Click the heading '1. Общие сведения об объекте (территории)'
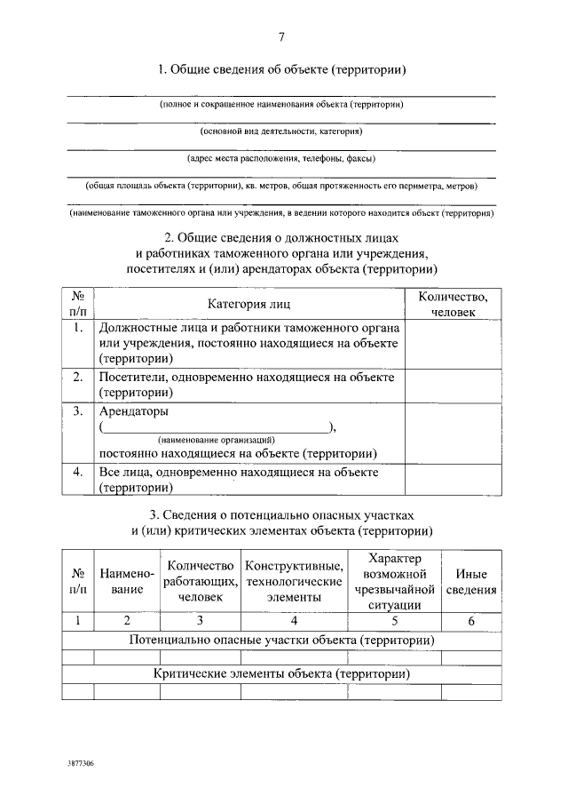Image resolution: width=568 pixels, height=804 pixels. point(282,69)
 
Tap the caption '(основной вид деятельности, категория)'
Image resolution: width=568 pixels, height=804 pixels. point(281,131)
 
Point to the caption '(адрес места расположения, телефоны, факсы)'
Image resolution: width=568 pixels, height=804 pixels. point(281,159)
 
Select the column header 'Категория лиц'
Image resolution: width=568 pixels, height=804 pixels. point(248,304)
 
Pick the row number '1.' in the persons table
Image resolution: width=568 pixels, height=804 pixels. point(78,328)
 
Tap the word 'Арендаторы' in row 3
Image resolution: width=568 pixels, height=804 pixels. point(132,411)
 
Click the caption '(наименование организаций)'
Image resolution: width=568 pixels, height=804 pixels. point(217,440)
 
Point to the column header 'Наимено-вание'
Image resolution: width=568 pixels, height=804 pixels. point(128,581)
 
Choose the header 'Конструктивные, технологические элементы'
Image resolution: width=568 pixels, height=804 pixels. point(294,581)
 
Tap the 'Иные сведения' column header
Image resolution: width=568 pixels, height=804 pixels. point(471,581)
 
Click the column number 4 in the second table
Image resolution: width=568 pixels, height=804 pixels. point(294,620)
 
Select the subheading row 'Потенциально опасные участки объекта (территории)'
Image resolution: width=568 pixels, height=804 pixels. point(281,639)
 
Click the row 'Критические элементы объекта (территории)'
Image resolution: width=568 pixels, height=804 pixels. point(281,674)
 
